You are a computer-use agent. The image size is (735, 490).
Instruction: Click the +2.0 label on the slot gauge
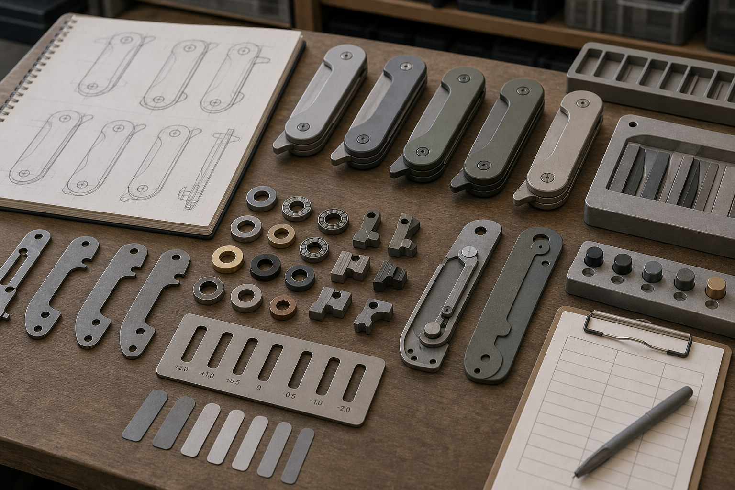(181, 368)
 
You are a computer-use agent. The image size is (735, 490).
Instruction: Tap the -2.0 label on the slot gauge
(343, 409)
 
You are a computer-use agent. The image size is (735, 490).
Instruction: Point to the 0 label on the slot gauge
(258, 388)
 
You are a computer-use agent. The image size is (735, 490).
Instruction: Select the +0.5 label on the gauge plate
(233, 381)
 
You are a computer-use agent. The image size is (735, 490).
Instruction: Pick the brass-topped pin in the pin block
(716, 288)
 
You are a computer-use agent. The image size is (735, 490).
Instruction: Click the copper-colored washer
(282, 307)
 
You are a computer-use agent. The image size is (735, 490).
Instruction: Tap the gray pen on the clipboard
(633, 431)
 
